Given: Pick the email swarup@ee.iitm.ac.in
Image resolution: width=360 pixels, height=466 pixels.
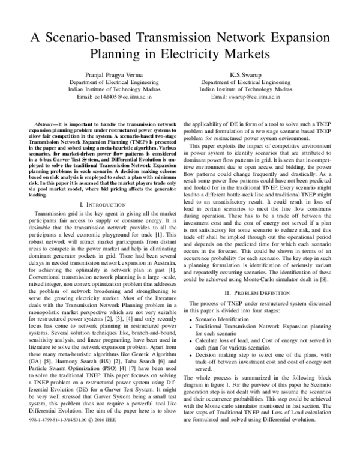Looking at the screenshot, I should point(253,97).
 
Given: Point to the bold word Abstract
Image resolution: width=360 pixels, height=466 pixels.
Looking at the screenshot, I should point(46,123).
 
